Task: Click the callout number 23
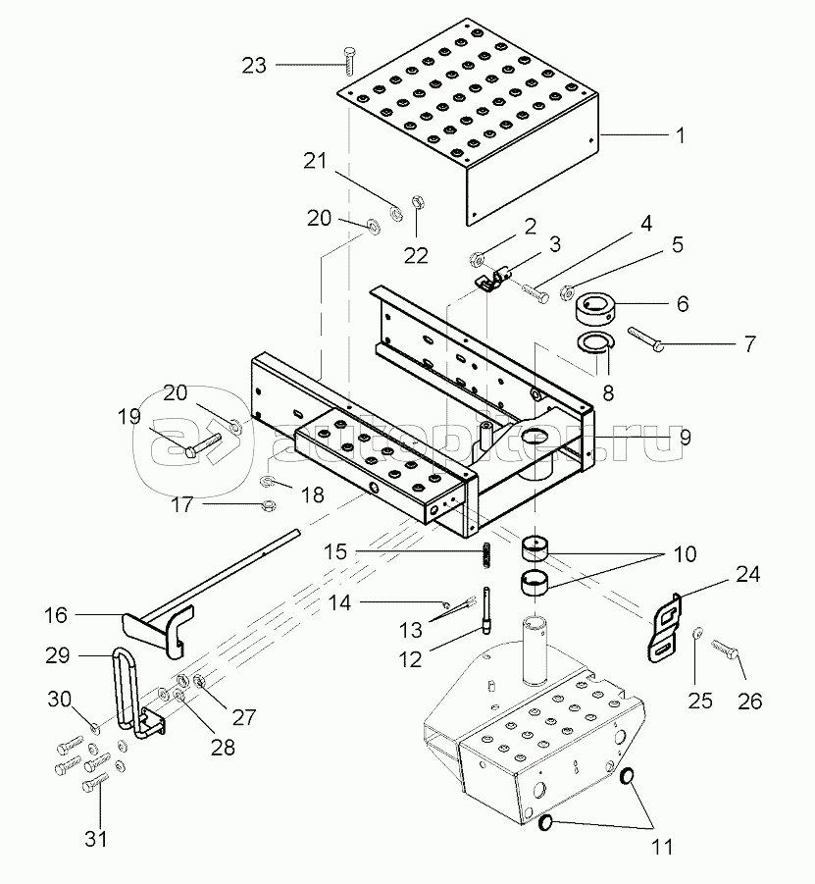pyautogui.click(x=254, y=65)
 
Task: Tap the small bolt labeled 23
pyautogui.click(x=348, y=59)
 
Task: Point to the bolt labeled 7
pyautogui.click(x=643, y=338)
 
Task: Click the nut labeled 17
pyautogui.click(x=269, y=506)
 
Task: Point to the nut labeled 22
pyautogui.click(x=415, y=201)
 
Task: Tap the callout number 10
pyautogui.click(x=685, y=554)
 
